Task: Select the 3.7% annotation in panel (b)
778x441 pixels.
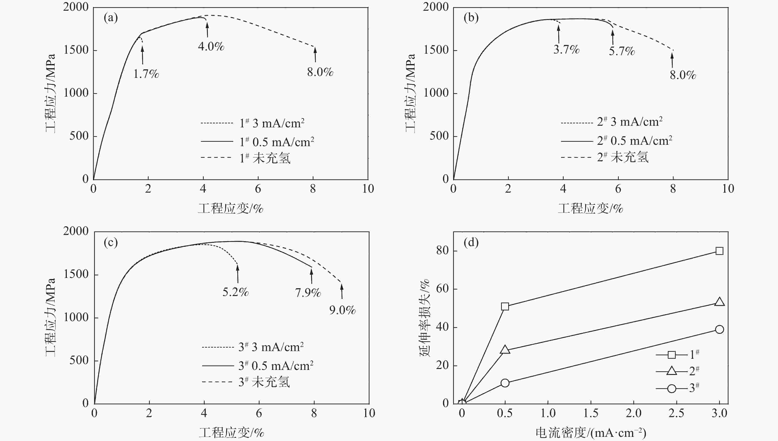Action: pyautogui.click(x=566, y=49)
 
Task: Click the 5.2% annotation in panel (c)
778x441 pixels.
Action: pyautogui.click(x=236, y=292)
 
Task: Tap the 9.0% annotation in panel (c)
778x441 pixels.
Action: pyautogui.click(x=342, y=310)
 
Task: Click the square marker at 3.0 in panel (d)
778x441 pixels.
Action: pyautogui.click(x=719, y=251)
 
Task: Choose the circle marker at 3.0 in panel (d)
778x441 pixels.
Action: pyautogui.click(x=719, y=329)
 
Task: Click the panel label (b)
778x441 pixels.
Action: pyautogui.click(x=471, y=18)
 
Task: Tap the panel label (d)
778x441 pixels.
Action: pyautogui.click(x=471, y=242)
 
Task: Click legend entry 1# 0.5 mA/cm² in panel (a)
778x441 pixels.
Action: pyautogui.click(x=276, y=142)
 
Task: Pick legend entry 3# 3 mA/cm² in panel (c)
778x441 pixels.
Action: pyautogui.click(x=271, y=347)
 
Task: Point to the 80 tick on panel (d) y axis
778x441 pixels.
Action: pyautogui.click(x=442, y=250)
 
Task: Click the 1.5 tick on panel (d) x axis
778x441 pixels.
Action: pyautogui.click(x=591, y=413)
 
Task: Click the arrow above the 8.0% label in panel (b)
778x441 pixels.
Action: pyautogui.click(x=672, y=60)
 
